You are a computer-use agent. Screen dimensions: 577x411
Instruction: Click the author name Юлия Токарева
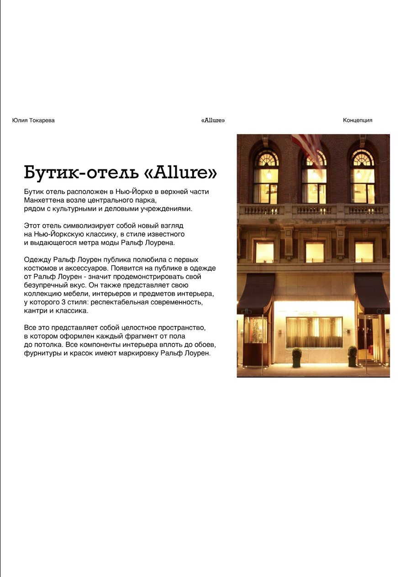(x=33, y=121)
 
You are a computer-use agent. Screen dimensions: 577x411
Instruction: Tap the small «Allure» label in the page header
(x=213, y=121)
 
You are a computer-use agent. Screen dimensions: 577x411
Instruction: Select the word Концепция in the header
(x=358, y=121)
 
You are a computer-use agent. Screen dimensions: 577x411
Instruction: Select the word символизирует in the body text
(x=79, y=226)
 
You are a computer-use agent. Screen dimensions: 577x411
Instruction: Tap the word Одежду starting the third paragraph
(x=37, y=260)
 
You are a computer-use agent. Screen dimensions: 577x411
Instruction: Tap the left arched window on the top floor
(x=266, y=177)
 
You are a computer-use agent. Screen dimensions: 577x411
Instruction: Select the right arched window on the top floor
(x=363, y=177)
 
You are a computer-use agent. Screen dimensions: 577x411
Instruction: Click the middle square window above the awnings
(x=315, y=252)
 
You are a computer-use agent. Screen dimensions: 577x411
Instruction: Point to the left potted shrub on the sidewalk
(x=297, y=357)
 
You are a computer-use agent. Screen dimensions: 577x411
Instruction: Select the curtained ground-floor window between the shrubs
(x=314, y=332)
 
